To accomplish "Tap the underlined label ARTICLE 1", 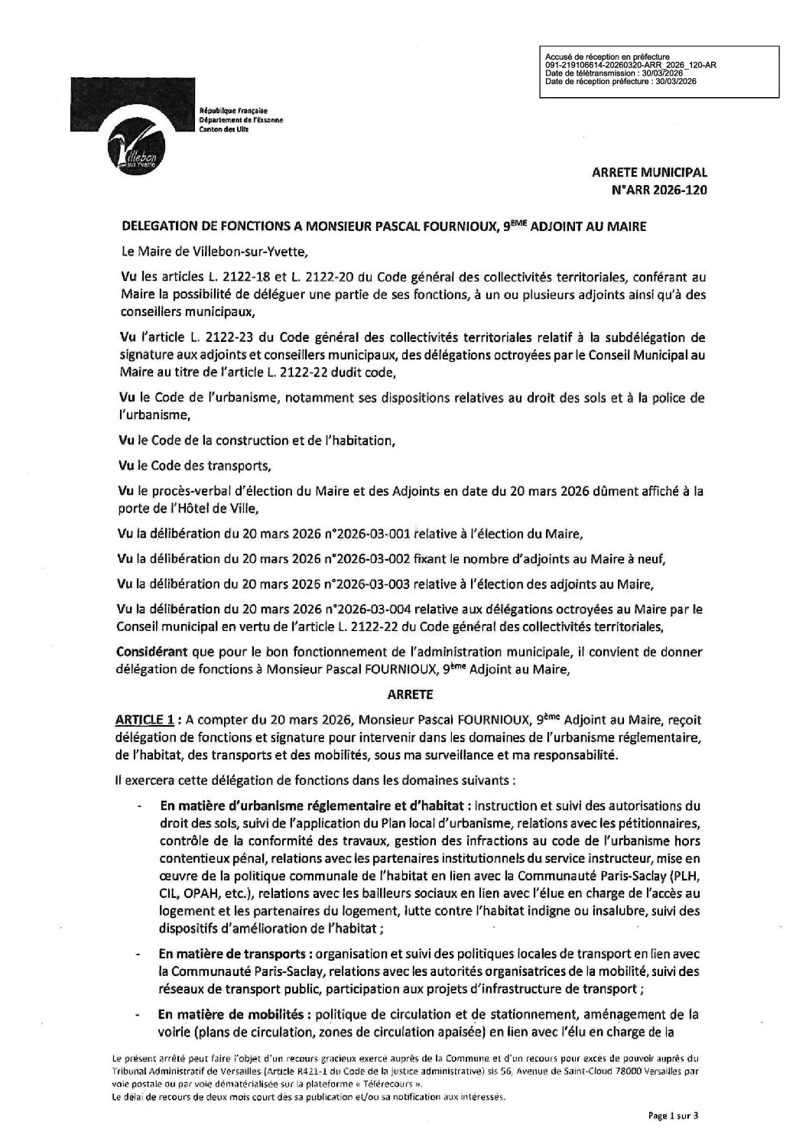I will point(140,720).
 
